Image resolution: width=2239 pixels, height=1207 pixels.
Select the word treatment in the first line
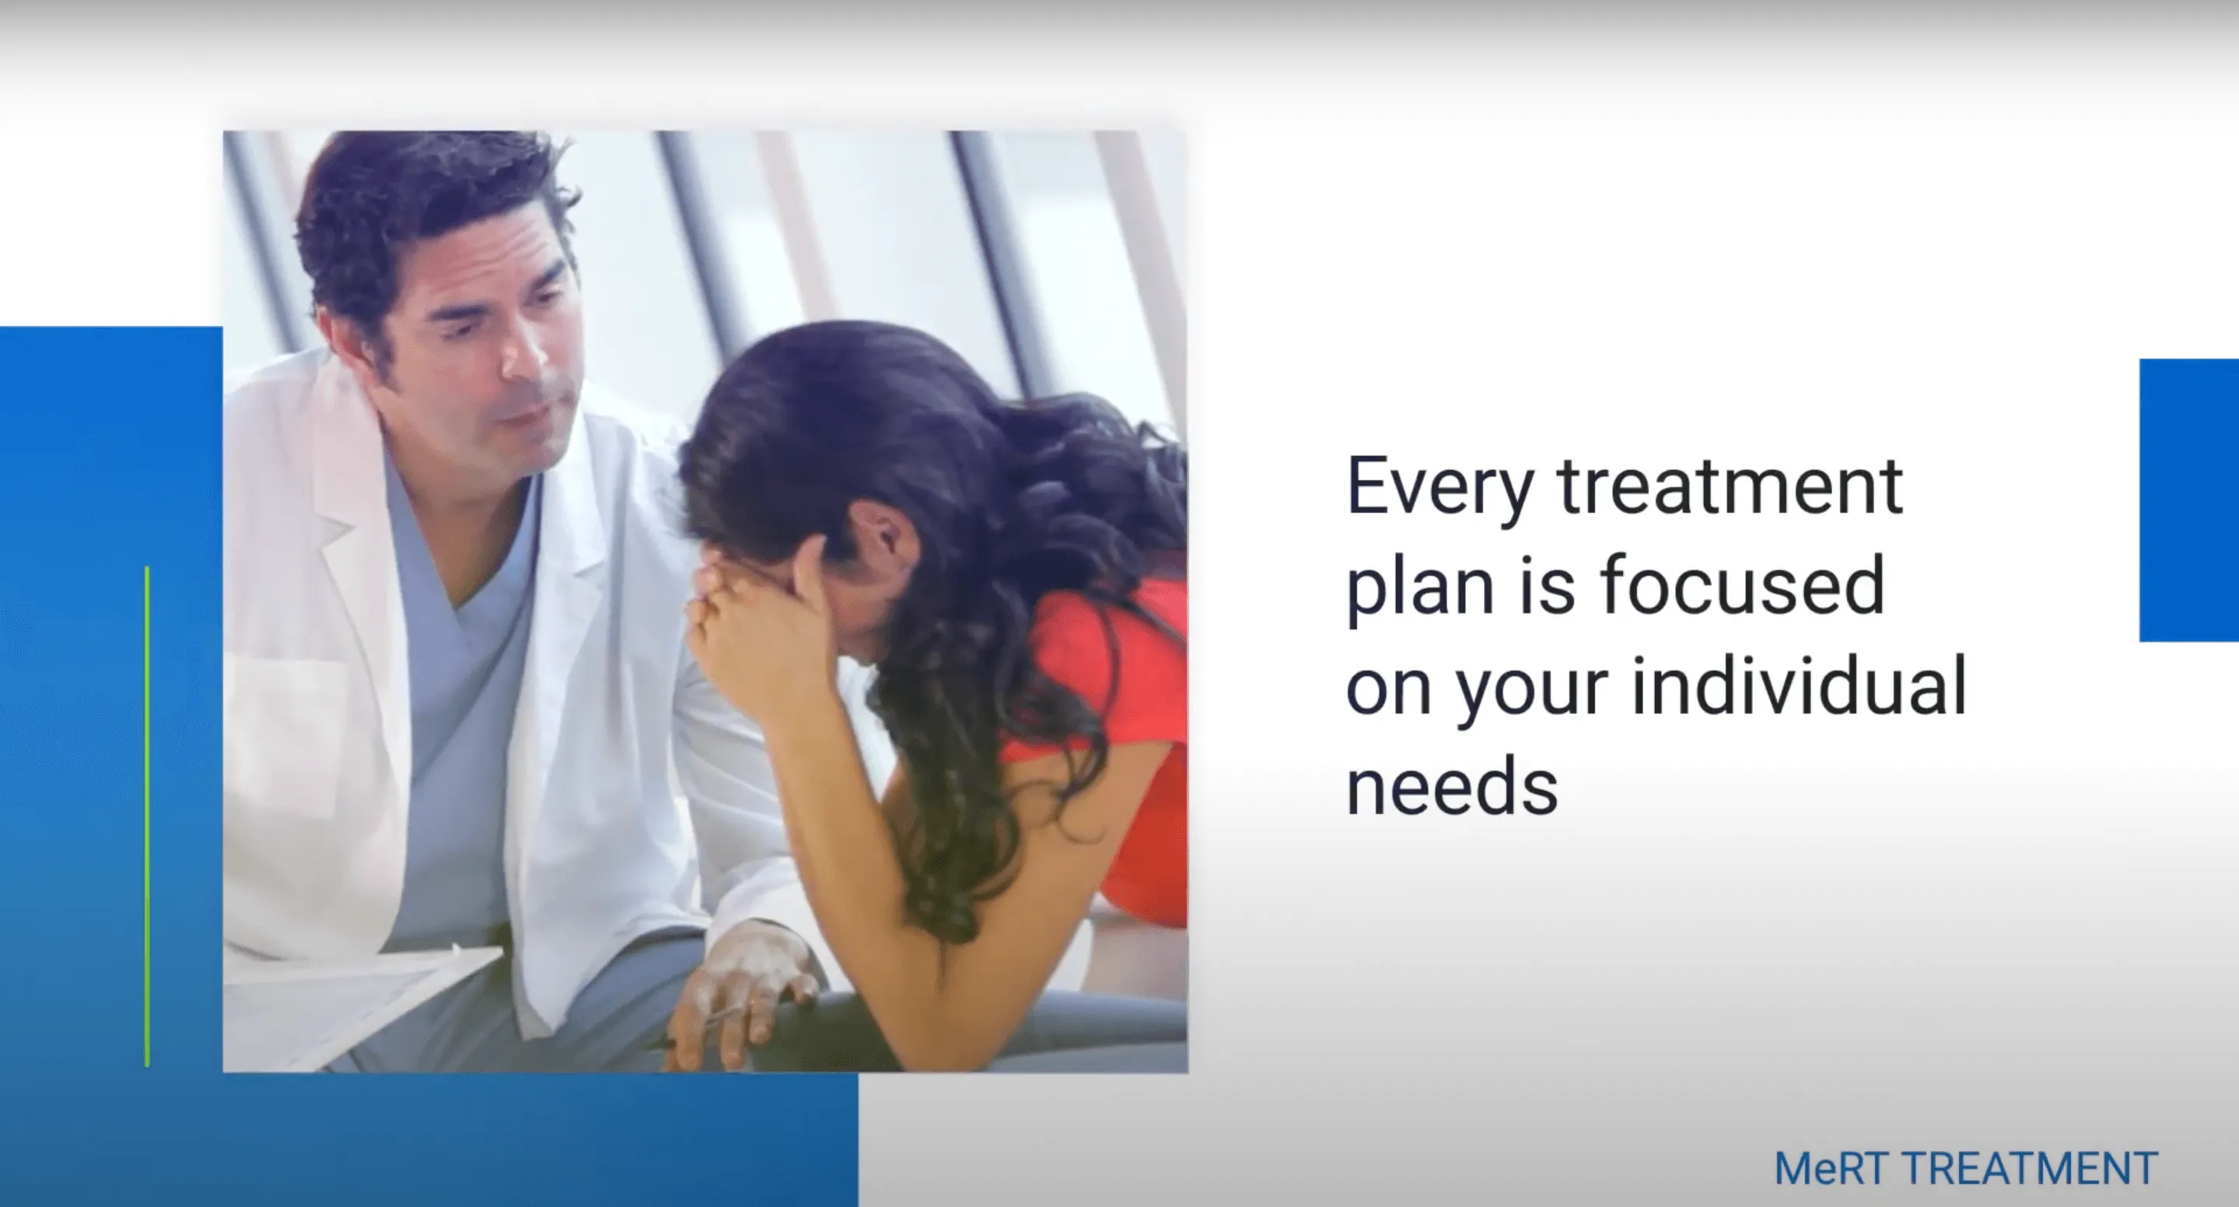click(x=1730, y=486)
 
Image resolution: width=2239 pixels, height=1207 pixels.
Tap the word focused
click(x=1743, y=584)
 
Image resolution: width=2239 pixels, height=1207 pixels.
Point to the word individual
click(x=1799, y=686)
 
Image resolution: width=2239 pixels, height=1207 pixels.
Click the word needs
click(x=1451, y=785)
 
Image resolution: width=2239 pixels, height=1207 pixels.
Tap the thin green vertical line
click(x=148, y=816)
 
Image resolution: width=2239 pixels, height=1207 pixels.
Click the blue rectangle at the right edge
click(x=2188, y=500)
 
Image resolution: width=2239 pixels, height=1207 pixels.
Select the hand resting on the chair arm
click(x=739, y=991)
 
